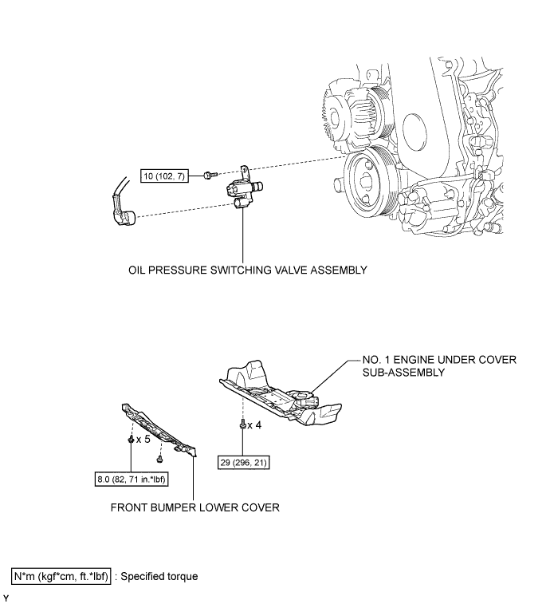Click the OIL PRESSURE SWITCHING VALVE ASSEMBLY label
click(x=247, y=270)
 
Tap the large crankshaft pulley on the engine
click(x=372, y=184)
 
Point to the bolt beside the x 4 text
click(x=242, y=425)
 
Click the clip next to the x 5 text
click(x=130, y=439)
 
